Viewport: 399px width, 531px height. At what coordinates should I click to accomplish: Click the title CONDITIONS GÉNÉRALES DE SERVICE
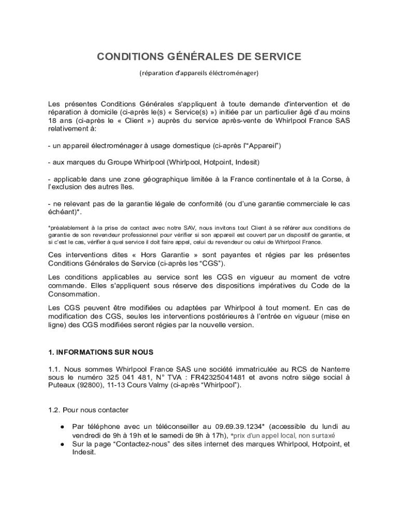(199, 57)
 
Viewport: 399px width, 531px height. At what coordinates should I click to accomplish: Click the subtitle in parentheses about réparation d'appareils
(199, 73)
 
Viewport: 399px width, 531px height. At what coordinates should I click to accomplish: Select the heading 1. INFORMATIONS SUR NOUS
(101, 352)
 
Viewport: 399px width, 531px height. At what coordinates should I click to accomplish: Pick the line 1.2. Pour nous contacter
(88, 410)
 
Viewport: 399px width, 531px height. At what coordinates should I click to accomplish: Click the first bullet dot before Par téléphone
(62, 427)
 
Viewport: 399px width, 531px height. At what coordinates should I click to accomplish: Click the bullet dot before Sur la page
(62, 444)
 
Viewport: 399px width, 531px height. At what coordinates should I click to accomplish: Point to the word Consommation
(74, 294)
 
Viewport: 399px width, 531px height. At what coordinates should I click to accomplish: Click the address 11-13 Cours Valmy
(132, 386)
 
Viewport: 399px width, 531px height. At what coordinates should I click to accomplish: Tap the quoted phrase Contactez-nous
(124, 444)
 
